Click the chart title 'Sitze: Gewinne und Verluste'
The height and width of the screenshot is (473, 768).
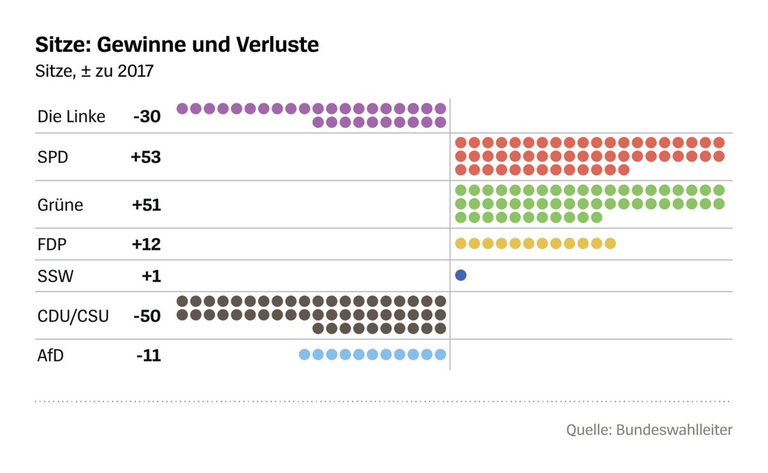[x=177, y=45]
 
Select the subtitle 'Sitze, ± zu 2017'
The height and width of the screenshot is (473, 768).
[x=95, y=70]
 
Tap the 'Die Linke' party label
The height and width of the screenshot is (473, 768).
[x=72, y=116]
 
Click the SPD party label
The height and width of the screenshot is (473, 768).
[x=53, y=157]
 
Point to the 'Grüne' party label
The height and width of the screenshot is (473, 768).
[x=60, y=205]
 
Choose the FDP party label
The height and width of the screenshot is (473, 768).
[x=52, y=244]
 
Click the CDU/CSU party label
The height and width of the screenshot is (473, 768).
[x=73, y=316]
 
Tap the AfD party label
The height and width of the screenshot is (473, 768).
[x=51, y=355]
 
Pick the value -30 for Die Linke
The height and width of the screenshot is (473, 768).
[x=147, y=116]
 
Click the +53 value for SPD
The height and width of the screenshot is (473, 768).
[x=146, y=157]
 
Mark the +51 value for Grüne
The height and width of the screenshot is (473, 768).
[x=147, y=205]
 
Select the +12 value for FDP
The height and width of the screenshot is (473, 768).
[x=147, y=244]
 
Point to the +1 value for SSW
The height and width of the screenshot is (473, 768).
[x=152, y=276]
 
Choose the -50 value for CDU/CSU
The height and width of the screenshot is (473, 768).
[x=147, y=316]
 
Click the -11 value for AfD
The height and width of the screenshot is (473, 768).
[x=148, y=355]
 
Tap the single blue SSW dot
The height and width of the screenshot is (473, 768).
[x=460, y=276]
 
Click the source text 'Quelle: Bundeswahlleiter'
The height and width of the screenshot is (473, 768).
[x=649, y=429]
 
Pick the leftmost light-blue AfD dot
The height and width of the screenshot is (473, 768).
[x=305, y=355]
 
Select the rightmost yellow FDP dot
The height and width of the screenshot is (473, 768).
[x=609, y=243]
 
